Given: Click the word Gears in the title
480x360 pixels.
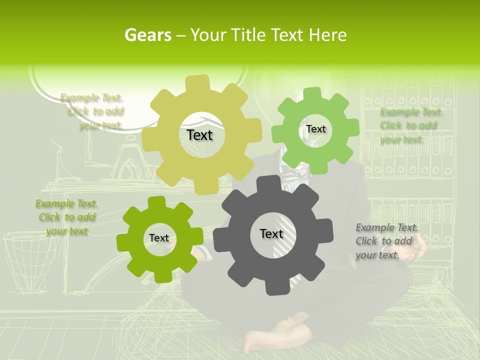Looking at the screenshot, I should [x=147, y=35].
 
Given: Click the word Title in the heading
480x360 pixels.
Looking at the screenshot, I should [x=249, y=35].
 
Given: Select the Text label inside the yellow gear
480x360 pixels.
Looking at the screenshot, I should [x=199, y=135].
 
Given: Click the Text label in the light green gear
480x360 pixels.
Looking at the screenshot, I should [x=315, y=129].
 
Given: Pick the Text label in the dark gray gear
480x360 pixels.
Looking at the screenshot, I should [x=271, y=233].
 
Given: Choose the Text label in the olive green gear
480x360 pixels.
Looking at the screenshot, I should [x=159, y=238].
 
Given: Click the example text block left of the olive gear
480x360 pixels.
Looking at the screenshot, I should [x=66, y=217].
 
